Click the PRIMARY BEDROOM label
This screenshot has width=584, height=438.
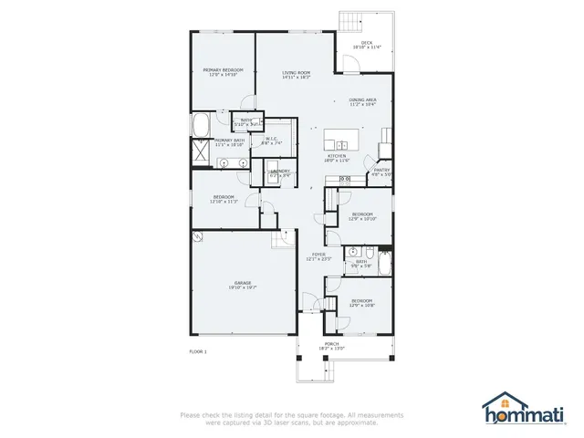click(x=223, y=69)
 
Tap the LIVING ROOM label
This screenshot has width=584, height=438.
click(x=297, y=72)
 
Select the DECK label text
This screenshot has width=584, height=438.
click(x=366, y=42)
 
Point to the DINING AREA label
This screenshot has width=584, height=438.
click(x=362, y=99)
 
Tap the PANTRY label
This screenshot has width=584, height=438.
click(x=382, y=170)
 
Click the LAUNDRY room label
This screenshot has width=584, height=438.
click(x=280, y=171)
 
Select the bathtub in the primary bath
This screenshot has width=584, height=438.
click(x=203, y=124)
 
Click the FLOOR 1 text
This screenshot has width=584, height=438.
click(x=198, y=351)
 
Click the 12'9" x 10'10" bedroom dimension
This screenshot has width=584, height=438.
click(x=362, y=219)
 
